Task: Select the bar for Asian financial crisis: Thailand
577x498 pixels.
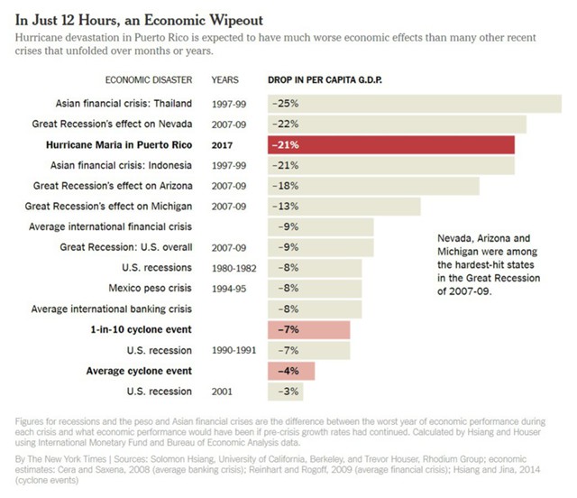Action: (x=415, y=104)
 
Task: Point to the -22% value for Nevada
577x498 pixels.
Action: (x=287, y=124)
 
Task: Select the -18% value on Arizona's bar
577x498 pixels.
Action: (x=287, y=186)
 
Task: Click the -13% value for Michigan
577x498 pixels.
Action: (x=287, y=207)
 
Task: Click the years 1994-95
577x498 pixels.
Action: (x=229, y=289)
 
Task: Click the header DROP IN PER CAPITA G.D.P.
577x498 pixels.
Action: (x=325, y=79)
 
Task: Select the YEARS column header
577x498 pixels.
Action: (x=225, y=79)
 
